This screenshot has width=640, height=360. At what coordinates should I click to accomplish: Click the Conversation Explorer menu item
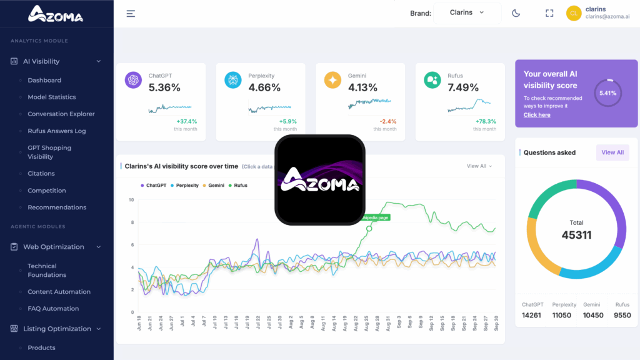[61, 114]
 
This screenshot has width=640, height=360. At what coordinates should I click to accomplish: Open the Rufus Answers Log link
[57, 131]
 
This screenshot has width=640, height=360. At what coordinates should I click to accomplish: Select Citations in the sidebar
[41, 173]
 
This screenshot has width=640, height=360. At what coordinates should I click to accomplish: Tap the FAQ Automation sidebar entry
[53, 308]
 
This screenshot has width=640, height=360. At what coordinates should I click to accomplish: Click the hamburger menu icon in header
[131, 13]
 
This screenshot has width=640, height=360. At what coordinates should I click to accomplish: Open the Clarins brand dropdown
[467, 12]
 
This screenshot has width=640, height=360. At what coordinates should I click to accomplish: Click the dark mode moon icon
[516, 13]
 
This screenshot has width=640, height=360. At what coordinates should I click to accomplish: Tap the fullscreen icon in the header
[549, 13]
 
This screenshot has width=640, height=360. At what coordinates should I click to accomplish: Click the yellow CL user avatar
[574, 13]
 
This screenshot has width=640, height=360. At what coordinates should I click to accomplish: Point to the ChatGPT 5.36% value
[164, 87]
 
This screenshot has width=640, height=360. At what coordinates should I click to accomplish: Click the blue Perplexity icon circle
[232, 80]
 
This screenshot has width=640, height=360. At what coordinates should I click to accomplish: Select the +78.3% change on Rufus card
[486, 121]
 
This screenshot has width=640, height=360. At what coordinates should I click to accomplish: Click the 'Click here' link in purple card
[537, 115]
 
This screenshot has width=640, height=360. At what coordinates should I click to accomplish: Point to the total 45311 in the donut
[576, 235]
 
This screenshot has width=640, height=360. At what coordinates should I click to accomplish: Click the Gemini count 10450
[593, 315]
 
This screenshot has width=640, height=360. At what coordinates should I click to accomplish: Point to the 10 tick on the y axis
[131, 200]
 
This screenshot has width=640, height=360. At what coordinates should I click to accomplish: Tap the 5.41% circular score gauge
[607, 93]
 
